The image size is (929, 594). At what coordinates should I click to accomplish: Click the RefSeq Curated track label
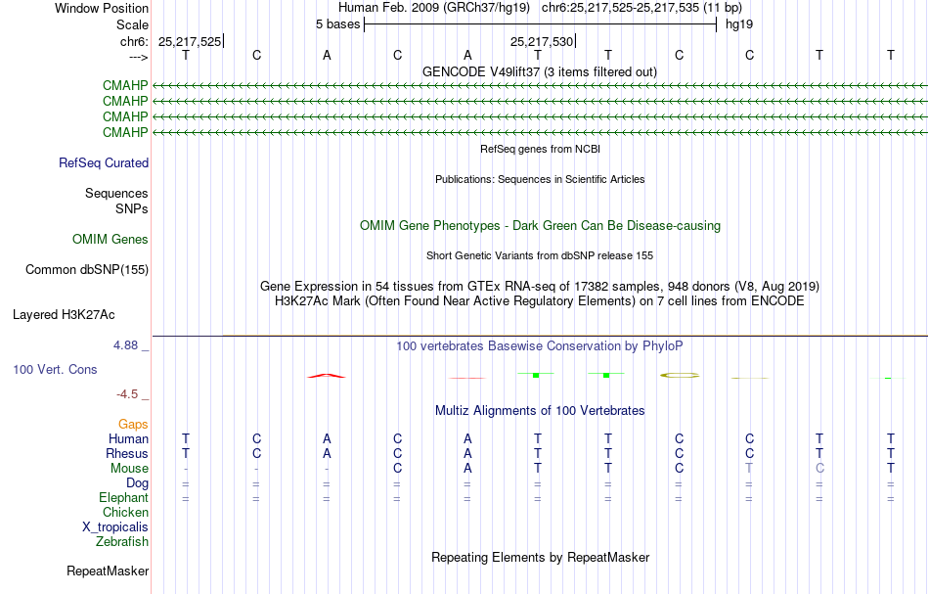[104, 163]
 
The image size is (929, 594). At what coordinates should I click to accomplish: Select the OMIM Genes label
[111, 239]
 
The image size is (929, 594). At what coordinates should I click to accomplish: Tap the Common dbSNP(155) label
[87, 270]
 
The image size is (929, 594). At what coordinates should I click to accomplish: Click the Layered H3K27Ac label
[64, 315]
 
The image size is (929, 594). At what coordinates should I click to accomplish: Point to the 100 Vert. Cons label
[55, 369]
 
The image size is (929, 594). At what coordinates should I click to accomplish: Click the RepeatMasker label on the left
[108, 571]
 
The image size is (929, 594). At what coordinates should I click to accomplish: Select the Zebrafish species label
[122, 541]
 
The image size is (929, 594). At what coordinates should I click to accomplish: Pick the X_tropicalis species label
[115, 527]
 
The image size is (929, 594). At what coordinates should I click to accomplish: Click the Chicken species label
[125, 512]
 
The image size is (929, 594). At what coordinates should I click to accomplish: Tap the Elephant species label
[124, 497]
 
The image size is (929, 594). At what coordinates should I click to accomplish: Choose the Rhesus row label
[127, 453]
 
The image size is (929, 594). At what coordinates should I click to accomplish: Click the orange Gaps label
[133, 424]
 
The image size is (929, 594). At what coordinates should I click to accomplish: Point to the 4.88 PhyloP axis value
[125, 345]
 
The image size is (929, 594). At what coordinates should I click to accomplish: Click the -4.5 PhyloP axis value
[127, 394]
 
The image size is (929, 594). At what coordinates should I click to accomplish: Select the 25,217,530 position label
[542, 41]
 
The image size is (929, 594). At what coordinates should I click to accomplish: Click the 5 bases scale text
[337, 24]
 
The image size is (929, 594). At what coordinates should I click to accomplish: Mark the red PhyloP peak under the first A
[327, 376]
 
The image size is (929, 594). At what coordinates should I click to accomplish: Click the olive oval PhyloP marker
[680, 375]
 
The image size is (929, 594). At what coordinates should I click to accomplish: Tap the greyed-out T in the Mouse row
[749, 469]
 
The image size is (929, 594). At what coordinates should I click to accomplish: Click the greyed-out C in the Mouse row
[819, 469]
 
